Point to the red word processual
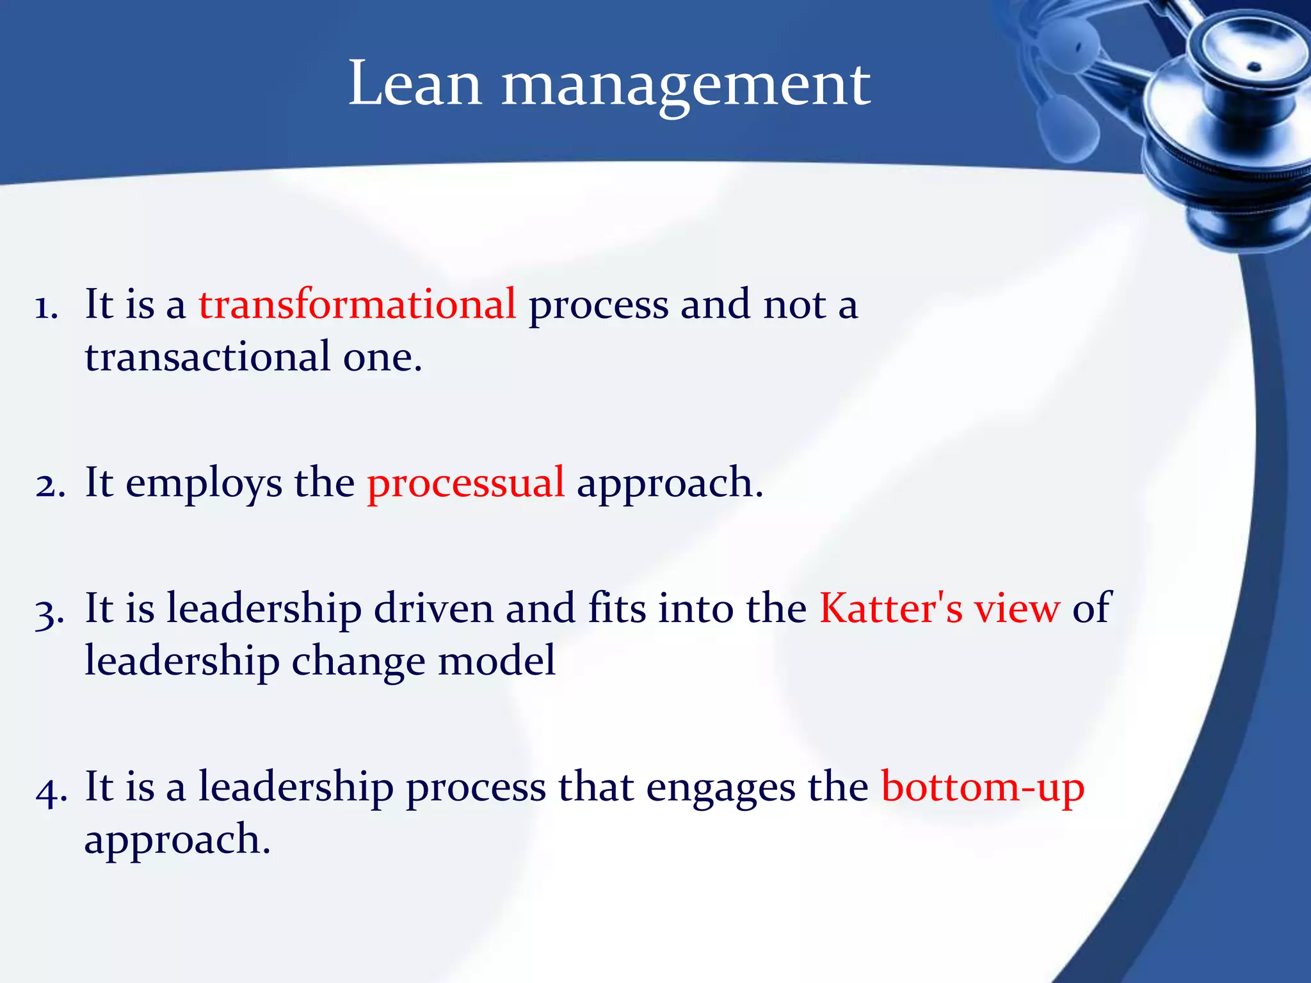465,483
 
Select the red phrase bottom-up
983,787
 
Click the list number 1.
46,307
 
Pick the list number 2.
50,485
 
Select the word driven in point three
433,607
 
